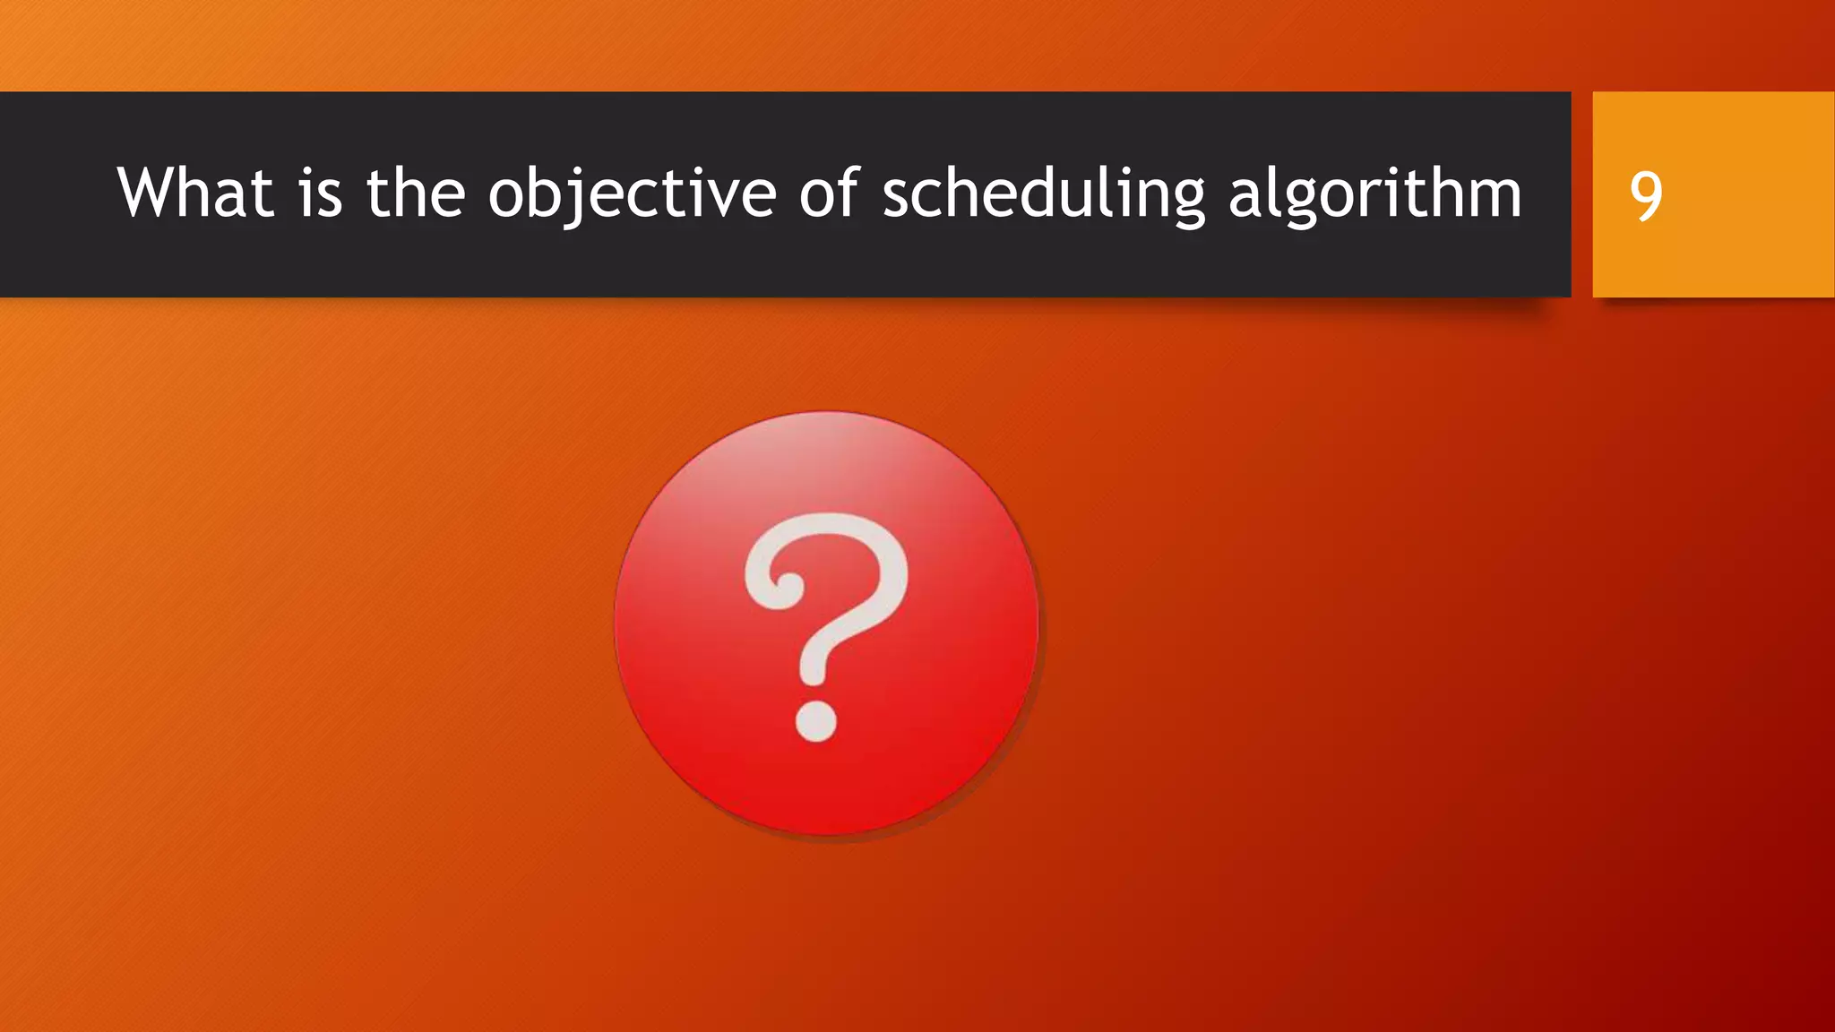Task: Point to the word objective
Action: [632, 195]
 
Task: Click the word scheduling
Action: [1043, 195]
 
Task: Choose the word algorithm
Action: [1374, 195]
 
